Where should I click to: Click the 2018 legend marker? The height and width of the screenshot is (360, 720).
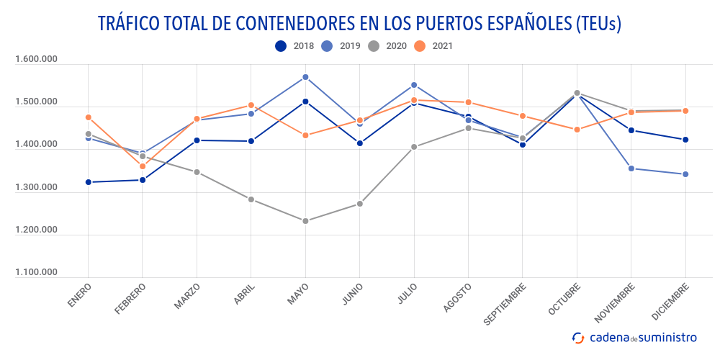pos(281,46)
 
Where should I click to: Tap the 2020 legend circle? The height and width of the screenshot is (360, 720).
pos(374,46)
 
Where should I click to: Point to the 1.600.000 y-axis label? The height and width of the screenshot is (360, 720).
pos(36,60)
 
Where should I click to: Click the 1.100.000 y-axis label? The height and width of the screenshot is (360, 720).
pos(36,272)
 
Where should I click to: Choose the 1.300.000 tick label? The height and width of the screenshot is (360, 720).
pos(36,187)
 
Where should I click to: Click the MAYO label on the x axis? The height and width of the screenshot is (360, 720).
pos(298,294)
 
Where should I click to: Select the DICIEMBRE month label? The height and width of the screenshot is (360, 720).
pos(670,302)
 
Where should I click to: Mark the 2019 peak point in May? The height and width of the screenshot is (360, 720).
pos(305,77)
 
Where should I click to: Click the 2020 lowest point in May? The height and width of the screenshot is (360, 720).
pos(305,221)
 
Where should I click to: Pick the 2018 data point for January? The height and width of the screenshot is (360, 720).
pos(89,182)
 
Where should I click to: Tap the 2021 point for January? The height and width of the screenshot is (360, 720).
pos(89,117)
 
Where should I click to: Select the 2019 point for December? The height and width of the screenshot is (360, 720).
pos(685,174)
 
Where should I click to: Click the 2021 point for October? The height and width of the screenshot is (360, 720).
pos(577,130)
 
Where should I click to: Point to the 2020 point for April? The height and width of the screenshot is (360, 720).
pos(251,199)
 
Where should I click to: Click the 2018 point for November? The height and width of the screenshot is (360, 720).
pos(631,130)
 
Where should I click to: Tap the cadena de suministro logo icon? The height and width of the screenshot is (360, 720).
pos(577,337)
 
